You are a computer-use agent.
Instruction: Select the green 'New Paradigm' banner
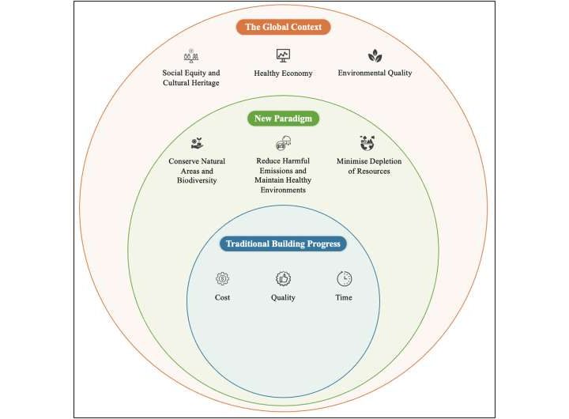[x=283, y=119]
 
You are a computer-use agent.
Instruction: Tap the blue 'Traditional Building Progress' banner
[x=283, y=243]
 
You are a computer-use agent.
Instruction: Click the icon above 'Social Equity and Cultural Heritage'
[x=190, y=55]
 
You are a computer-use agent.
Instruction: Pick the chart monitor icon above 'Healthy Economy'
[x=283, y=55]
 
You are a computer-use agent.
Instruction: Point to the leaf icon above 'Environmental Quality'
[x=375, y=55]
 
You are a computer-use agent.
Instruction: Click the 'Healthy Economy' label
[x=283, y=74]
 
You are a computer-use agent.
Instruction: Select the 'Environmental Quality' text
[x=375, y=74]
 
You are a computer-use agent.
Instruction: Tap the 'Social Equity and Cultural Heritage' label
[x=190, y=78]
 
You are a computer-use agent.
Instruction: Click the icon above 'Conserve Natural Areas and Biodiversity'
[x=197, y=144]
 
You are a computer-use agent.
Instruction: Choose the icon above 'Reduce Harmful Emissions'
[x=283, y=144]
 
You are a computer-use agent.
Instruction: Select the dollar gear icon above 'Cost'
[x=222, y=278]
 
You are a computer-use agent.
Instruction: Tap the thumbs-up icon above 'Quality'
[x=283, y=278]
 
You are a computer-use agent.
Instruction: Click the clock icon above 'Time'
[x=344, y=278]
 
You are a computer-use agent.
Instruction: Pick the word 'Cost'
[x=222, y=298]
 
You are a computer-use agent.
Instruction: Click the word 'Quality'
[x=283, y=298]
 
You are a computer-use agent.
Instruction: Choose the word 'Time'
[x=343, y=298]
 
